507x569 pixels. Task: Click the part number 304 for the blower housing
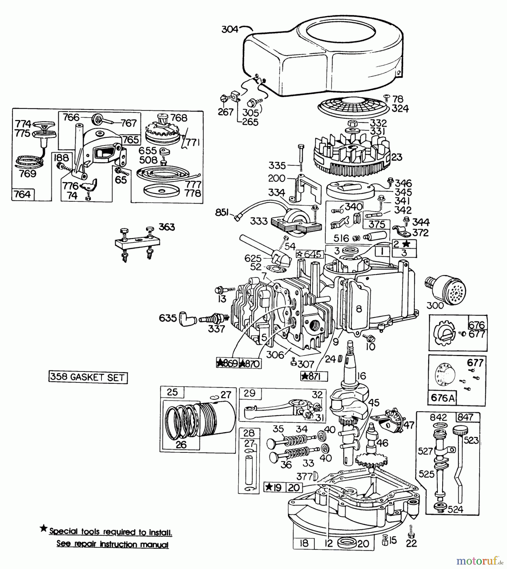click(x=230, y=29)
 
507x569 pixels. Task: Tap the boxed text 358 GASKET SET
click(x=88, y=377)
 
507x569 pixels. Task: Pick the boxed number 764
click(x=23, y=194)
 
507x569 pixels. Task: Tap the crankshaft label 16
click(x=361, y=376)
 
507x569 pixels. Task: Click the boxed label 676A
click(x=443, y=398)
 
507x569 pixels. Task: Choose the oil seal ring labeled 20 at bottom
click(x=347, y=543)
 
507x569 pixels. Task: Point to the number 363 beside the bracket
click(x=167, y=227)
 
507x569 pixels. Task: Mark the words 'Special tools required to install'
click(x=111, y=532)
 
